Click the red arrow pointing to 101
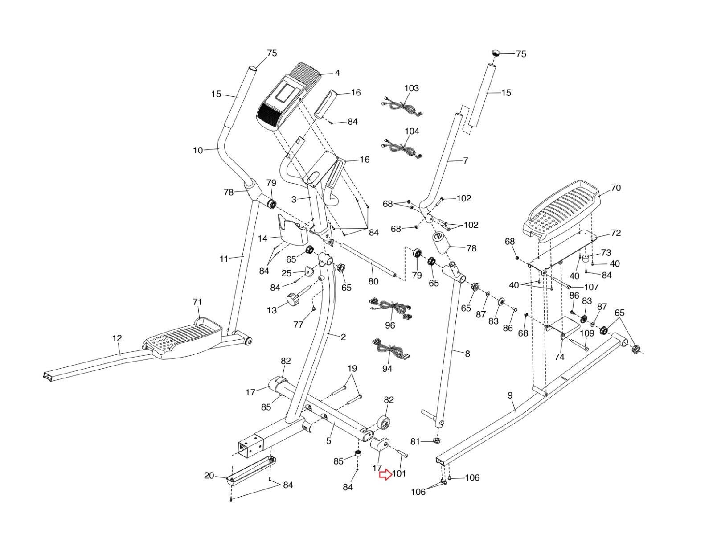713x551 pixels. point(385,475)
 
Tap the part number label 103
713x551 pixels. point(411,88)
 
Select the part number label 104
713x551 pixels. point(411,132)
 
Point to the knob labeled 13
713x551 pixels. point(294,299)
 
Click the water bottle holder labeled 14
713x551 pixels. point(291,230)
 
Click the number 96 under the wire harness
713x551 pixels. point(390,325)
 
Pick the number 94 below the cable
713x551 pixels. point(387,369)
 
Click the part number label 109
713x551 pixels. point(587,333)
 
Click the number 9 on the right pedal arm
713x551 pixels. point(510,395)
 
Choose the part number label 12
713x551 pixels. point(117,338)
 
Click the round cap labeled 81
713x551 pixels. point(435,441)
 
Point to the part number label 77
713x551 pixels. point(297,325)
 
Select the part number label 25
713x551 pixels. point(286,272)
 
